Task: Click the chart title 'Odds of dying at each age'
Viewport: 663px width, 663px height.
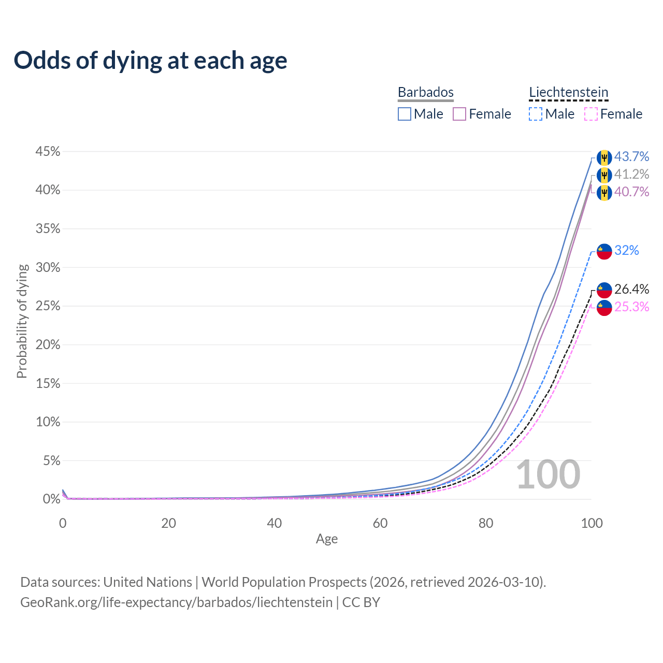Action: tap(150, 61)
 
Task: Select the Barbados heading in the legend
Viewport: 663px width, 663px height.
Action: tap(426, 93)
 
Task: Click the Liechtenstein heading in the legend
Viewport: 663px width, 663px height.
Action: tap(568, 93)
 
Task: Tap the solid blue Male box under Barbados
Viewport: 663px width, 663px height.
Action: tap(405, 114)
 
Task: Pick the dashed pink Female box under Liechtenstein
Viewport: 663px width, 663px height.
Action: tap(591, 114)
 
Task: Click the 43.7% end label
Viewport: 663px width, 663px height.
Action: tap(631, 156)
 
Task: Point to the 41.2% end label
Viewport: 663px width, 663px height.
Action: tap(631, 174)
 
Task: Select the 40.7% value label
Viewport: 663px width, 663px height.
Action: tap(631, 192)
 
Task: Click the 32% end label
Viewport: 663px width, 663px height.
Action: tap(627, 251)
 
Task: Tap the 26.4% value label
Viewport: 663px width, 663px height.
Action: tap(631, 289)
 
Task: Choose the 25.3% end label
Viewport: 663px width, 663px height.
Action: tap(631, 307)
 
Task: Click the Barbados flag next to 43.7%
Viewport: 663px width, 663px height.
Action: tap(604, 157)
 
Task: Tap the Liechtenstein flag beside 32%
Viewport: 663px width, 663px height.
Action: tap(604, 251)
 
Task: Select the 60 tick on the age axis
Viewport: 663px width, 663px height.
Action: tap(380, 523)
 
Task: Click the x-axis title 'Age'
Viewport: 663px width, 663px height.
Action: tap(327, 539)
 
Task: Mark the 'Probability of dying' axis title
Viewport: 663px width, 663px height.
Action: tap(22, 322)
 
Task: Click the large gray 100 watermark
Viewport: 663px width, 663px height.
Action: tap(548, 474)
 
